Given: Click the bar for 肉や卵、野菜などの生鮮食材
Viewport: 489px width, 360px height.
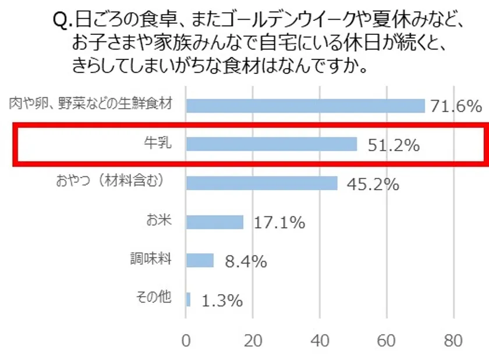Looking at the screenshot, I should click(x=305, y=106).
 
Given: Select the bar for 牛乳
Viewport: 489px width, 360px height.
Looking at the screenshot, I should click(x=271, y=144).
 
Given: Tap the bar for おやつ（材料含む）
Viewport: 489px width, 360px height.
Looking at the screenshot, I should click(x=261, y=183).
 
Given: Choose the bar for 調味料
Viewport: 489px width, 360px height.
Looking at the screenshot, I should click(x=200, y=260).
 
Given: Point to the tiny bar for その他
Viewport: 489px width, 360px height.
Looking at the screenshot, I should click(x=188, y=299).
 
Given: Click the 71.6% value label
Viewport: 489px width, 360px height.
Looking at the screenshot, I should click(x=456, y=106).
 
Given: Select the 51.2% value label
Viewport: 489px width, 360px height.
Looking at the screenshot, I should click(x=394, y=145).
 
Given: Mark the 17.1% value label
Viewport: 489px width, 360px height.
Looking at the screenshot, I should click(x=279, y=223).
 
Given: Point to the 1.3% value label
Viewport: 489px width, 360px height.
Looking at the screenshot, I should click(x=222, y=301).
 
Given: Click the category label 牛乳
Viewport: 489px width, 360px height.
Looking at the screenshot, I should click(x=158, y=142).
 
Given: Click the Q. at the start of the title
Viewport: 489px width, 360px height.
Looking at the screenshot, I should click(x=62, y=22).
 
